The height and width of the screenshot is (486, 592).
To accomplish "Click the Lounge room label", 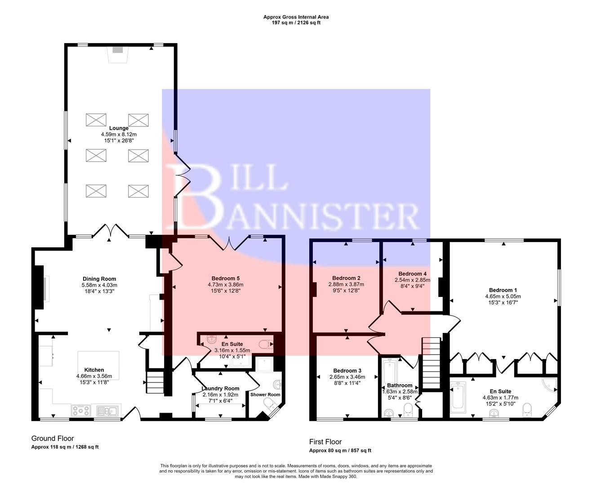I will click(118, 128).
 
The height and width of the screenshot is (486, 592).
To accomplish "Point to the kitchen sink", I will click(107, 410).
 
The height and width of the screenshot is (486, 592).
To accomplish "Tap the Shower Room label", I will click(265, 395).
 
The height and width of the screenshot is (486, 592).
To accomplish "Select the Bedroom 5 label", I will click(225, 278).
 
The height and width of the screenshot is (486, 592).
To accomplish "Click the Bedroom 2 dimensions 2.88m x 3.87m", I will click(346, 284).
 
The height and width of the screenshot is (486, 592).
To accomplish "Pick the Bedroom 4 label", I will click(412, 274).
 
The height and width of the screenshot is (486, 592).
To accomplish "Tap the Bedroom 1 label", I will click(503, 290).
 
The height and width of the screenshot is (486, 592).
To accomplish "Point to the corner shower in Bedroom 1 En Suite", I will click(550, 386).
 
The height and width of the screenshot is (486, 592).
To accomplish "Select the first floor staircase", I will click(430, 363).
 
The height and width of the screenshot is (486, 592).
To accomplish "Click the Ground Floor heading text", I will click(53, 438).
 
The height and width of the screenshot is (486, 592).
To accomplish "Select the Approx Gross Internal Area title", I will click(296, 17).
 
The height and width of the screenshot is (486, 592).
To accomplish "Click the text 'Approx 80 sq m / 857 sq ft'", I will click(340, 450).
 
